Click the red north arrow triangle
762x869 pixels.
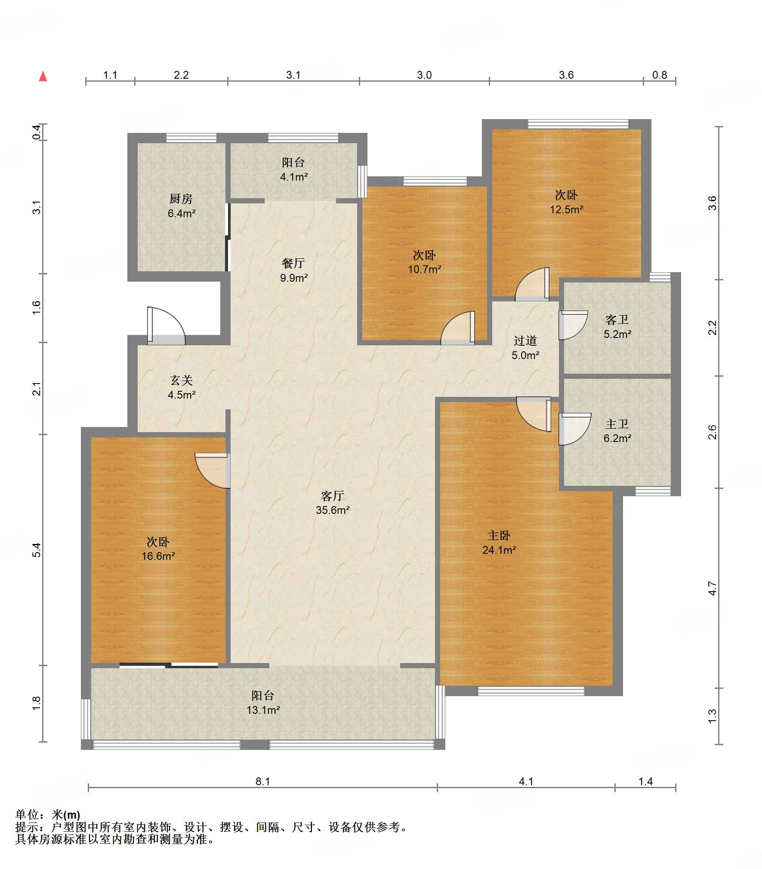43,77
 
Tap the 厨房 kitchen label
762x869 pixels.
181,199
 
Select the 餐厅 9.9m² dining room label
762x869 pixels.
294,270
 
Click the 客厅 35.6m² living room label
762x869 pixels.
333,503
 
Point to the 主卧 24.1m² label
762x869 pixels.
499,542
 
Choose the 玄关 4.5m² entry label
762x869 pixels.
182,387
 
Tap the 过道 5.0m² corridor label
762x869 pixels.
525,348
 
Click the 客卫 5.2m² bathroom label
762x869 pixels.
617,327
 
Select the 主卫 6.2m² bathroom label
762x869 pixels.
617,431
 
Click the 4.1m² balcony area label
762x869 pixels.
294,177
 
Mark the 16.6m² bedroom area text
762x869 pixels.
158,556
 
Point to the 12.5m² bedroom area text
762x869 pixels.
567,209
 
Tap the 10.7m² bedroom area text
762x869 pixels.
425,269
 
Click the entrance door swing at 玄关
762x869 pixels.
166,325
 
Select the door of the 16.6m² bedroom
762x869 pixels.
213,470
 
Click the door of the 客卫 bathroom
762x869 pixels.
573,325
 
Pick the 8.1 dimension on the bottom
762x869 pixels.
263,781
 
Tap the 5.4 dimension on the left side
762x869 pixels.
37,550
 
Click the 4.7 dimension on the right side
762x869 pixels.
713,588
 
